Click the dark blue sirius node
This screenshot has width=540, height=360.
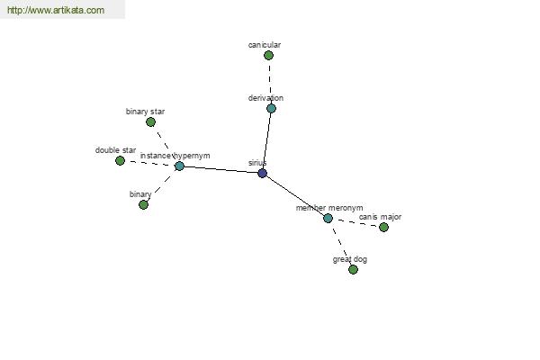[263, 173]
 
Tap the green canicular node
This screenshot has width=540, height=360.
[268, 55]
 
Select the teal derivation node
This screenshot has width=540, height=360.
[272, 109]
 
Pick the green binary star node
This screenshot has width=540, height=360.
[151, 122]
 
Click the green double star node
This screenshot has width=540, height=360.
[120, 160]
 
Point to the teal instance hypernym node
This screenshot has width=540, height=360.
[179, 166]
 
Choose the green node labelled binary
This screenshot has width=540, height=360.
[144, 204]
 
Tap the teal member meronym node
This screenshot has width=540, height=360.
[328, 218]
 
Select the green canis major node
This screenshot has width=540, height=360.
[383, 227]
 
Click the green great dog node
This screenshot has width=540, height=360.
[353, 269]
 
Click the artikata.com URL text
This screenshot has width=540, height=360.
[56, 10]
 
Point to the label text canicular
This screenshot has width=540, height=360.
[265, 45]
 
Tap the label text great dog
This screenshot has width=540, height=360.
[350, 259]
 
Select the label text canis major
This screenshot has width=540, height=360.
[380, 217]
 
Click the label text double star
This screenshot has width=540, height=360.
[116, 150]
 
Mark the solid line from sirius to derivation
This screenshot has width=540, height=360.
[267, 140]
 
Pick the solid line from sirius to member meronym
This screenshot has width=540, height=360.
[295, 195]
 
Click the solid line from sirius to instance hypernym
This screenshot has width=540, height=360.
[220, 169]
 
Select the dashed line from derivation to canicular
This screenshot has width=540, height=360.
[270, 82]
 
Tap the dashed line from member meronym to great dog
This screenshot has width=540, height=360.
[340, 244]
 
